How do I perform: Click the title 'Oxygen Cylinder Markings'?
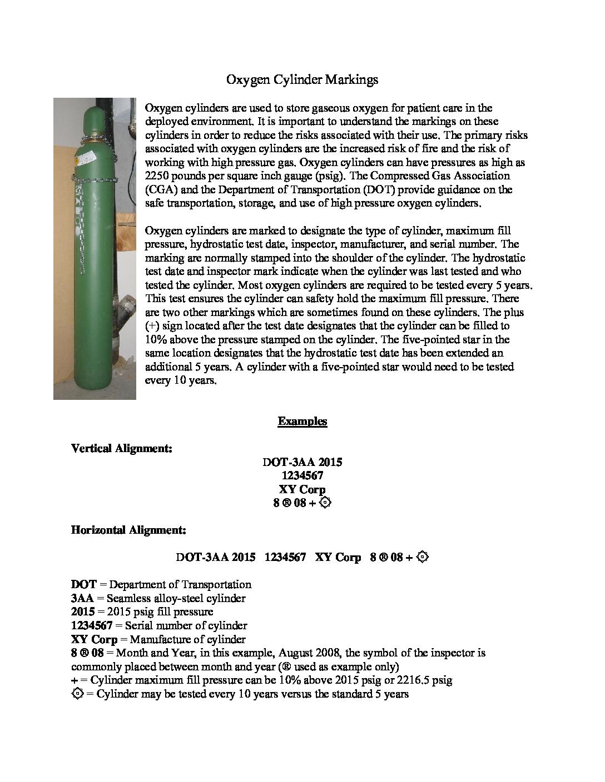pos(302,80)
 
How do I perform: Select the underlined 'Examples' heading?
pos(302,421)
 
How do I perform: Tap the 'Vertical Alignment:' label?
pos(121,448)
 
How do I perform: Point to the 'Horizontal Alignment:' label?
pos(128,530)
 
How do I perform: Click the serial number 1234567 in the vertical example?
pos(302,475)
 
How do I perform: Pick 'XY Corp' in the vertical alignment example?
pos(302,489)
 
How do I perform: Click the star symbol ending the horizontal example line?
pos(423,557)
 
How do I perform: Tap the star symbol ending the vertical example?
pos(326,503)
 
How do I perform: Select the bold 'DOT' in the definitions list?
pos(83,584)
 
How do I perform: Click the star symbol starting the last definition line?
pos(77,693)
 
